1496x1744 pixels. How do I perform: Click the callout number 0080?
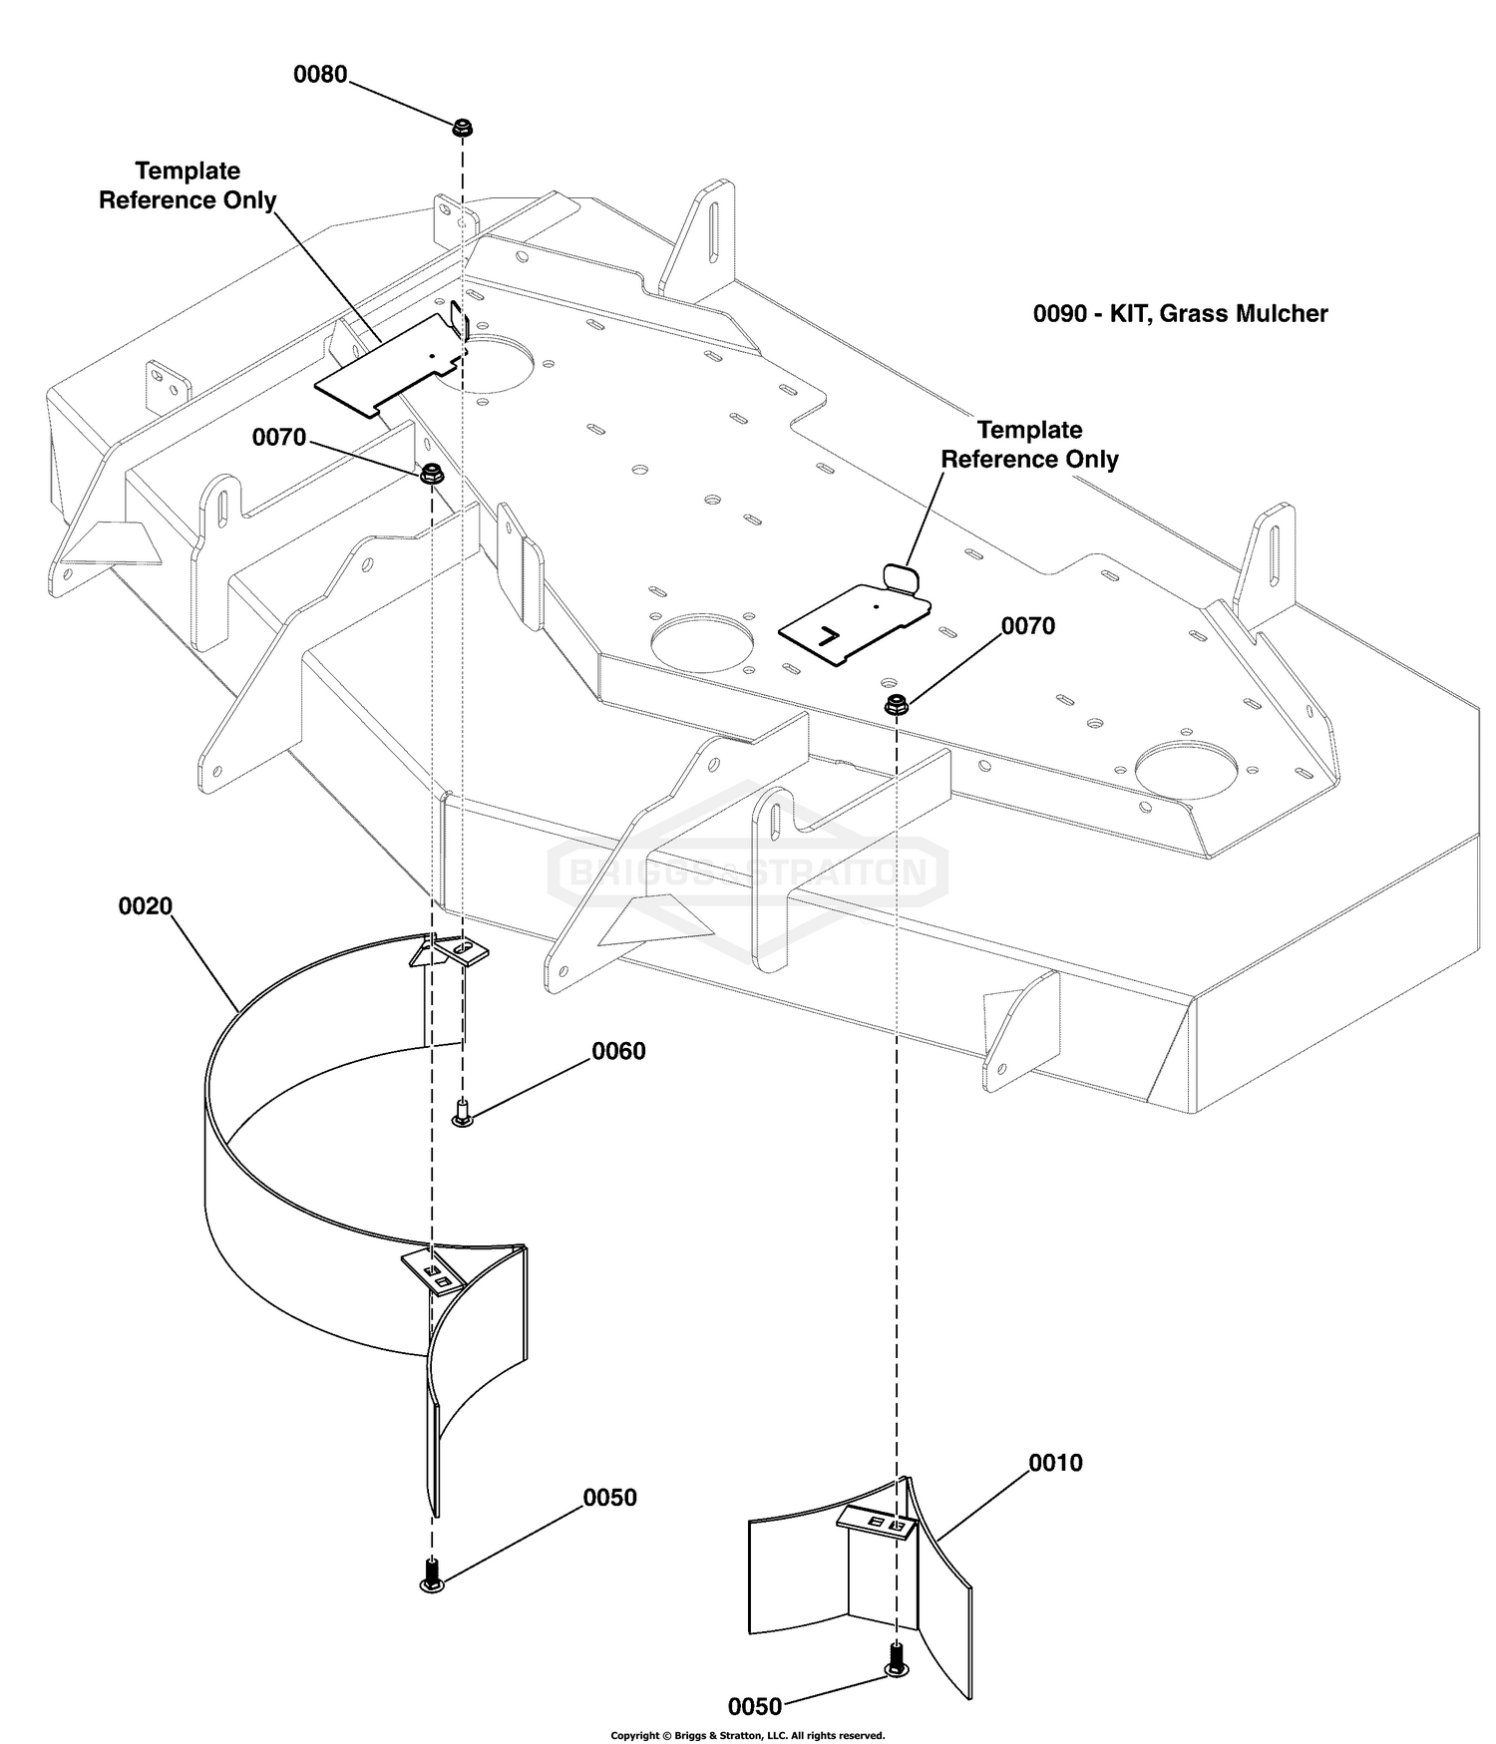(320, 75)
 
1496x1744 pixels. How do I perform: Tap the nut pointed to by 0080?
(462, 129)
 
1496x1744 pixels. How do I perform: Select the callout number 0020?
(146, 906)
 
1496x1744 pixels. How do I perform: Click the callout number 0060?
(618, 1051)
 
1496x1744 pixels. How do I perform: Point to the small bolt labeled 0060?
(462, 1113)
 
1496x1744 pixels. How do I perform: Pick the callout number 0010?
(1055, 1463)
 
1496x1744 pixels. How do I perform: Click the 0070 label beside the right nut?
(1028, 625)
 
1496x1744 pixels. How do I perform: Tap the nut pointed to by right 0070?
(896, 704)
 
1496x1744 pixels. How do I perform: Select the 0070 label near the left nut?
(279, 437)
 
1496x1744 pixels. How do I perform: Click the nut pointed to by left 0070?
(432, 475)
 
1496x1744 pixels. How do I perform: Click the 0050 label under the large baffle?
(609, 1498)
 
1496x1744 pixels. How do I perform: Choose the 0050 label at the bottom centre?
(755, 1706)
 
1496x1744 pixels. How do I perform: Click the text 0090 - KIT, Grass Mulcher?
(1180, 314)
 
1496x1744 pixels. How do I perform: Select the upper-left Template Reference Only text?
(187, 185)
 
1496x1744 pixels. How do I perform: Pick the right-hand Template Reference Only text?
(1029, 445)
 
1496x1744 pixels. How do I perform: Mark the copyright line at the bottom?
(748, 1736)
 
